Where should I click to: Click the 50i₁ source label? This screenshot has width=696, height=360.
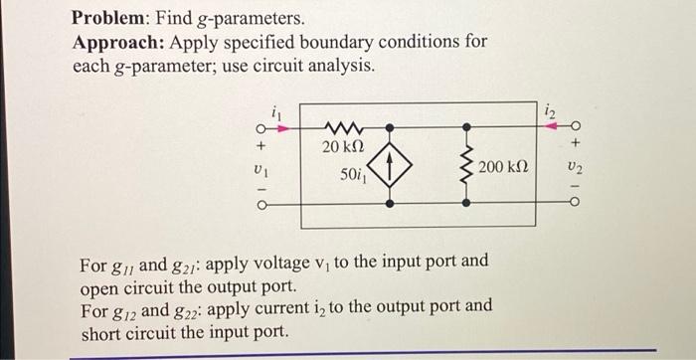coord(349,176)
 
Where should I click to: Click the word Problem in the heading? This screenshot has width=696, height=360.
coord(112,19)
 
